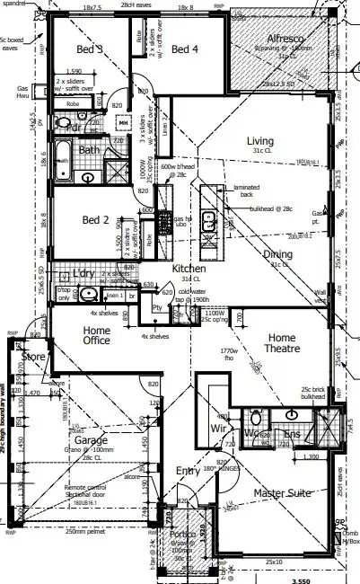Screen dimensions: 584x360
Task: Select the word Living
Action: [261, 140]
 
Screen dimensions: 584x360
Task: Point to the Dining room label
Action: [277, 254]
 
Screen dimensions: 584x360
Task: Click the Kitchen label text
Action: [189, 269]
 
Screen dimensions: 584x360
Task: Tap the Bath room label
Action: [89, 150]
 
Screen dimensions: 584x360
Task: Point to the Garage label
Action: [91, 440]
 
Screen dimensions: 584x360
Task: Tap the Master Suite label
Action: [281, 493]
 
